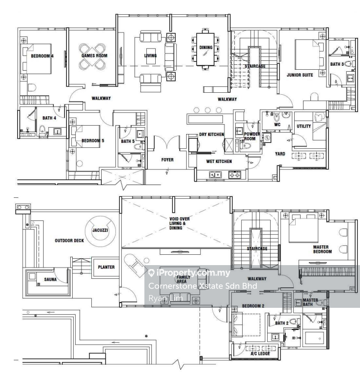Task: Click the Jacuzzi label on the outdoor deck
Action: point(100,230)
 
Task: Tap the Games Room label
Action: point(94,55)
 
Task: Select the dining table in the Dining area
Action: point(205,49)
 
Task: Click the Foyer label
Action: point(167,160)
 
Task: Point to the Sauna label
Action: point(50,279)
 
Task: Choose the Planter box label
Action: point(106,267)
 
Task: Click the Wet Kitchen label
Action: point(219,161)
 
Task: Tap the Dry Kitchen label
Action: point(212,135)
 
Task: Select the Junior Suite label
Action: point(300,75)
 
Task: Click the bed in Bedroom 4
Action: point(39,59)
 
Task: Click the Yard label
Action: point(280,154)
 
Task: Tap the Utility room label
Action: point(304,126)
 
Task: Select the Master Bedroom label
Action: point(323,249)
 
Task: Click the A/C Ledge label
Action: point(260,353)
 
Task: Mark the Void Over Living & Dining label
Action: point(179,223)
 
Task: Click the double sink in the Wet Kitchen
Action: point(216,174)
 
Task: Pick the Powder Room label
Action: point(251,136)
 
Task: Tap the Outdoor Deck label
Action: point(69,241)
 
